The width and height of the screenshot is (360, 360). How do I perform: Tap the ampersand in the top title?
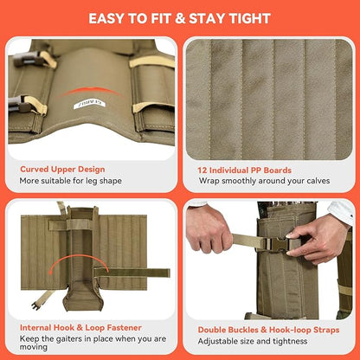(180, 19)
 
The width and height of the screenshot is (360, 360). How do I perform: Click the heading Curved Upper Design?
(62, 170)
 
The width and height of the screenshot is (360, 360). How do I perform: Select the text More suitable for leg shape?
(71, 181)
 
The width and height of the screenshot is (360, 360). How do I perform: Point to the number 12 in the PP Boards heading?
(202, 170)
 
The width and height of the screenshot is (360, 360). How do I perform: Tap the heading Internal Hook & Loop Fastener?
(80, 328)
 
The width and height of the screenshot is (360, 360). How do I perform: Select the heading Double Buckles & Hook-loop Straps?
(268, 330)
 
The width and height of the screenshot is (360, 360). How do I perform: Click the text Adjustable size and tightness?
(253, 342)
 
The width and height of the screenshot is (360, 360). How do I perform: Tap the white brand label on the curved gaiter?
(89, 105)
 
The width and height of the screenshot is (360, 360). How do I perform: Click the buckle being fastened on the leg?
(276, 245)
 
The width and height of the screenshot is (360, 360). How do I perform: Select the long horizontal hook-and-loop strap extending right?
(132, 273)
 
